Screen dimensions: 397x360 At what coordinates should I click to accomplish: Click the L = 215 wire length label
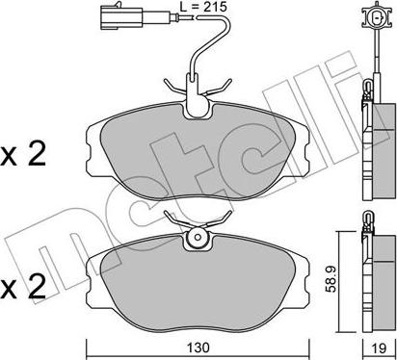point(203,7)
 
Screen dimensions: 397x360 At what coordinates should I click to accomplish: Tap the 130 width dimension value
point(198,347)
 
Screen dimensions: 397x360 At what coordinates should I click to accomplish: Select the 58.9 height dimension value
point(330,281)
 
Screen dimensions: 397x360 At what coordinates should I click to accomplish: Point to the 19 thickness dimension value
point(380,347)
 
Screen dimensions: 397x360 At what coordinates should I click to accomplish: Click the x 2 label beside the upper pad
point(23,155)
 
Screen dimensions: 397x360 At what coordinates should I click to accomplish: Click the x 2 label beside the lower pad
point(23,287)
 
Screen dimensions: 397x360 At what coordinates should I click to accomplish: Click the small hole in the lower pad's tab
point(198,238)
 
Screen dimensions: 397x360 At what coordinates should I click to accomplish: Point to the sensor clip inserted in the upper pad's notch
point(196,95)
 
